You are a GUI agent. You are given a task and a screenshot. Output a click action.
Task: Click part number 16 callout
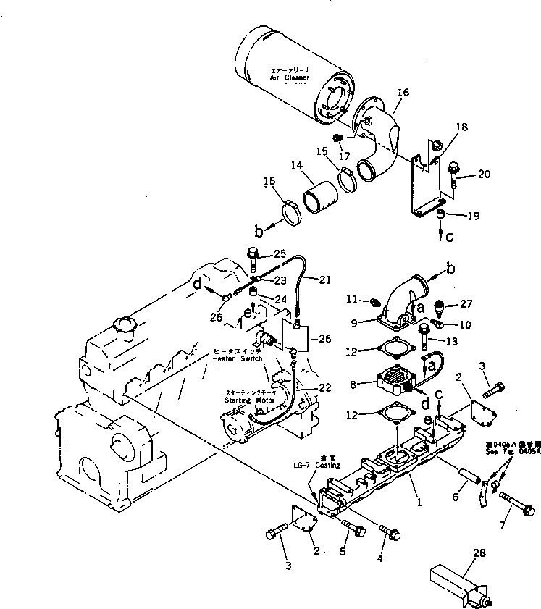[x=403, y=93]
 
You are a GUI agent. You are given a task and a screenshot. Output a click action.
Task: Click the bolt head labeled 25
[x=252, y=254]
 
